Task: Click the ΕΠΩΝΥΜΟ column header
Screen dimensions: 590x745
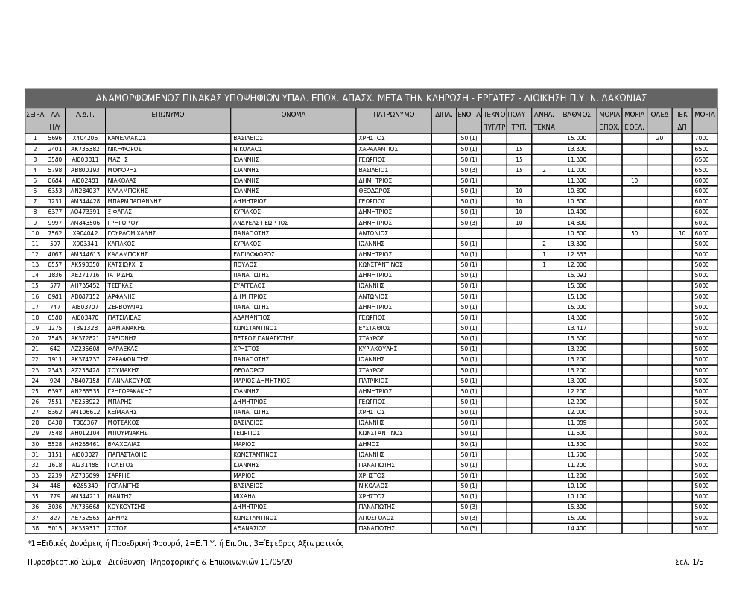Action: point(168,115)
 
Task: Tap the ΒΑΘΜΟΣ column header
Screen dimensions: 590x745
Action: point(577,115)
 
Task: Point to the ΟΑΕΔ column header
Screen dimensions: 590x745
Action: point(659,115)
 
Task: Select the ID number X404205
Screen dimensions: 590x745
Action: point(85,138)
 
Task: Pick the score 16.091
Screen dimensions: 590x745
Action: point(577,275)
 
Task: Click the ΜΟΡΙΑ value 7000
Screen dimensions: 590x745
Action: point(701,138)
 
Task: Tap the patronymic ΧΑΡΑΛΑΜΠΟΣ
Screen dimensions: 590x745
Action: point(381,149)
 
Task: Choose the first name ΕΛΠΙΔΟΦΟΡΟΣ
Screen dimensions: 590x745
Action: point(254,254)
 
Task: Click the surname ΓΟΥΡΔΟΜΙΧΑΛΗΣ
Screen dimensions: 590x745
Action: point(132,233)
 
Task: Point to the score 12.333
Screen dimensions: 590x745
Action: point(577,254)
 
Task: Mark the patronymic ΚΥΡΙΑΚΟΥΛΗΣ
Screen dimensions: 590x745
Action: point(378,349)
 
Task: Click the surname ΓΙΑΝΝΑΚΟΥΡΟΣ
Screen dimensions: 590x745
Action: point(130,381)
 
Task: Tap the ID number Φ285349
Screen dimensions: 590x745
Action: point(85,486)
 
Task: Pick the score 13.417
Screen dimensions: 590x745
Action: point(577,328)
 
